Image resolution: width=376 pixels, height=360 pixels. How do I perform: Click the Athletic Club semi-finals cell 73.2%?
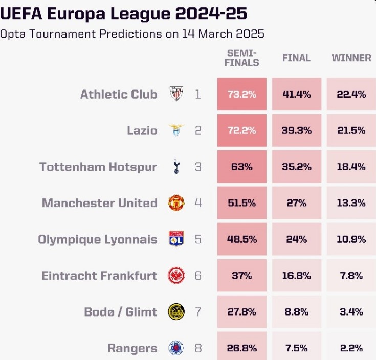(241, 94)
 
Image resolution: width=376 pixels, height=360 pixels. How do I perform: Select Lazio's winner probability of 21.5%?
(351, 130)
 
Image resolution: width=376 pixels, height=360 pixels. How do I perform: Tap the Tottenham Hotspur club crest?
(176, 167)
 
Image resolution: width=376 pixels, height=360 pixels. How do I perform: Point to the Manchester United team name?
(99, 203)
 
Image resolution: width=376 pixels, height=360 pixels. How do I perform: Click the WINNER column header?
(351, 58)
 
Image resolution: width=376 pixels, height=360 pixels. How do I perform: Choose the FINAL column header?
(296, 58)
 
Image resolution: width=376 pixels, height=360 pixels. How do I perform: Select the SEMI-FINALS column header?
(242, 58)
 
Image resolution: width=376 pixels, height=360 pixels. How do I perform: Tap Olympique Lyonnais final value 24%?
(296, 239)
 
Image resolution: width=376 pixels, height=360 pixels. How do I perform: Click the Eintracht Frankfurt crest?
(176, 276)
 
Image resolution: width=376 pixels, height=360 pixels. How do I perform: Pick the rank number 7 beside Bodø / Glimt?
(198, 312)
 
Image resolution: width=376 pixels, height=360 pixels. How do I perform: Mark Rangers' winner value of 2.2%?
(351, 348)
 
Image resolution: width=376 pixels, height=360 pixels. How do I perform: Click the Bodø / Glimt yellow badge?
(176, 312)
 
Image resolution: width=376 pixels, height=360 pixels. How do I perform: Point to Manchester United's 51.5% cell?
(241, 203)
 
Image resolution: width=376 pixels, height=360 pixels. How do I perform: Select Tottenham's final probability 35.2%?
(296, 167)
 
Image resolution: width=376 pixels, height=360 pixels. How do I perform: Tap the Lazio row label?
(142, 130)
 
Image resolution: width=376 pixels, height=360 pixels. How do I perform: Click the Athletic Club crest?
(176, 94)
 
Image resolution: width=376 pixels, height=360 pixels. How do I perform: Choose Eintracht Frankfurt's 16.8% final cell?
(296, 276)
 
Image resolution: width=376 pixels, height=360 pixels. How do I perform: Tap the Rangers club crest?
(176, 348)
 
